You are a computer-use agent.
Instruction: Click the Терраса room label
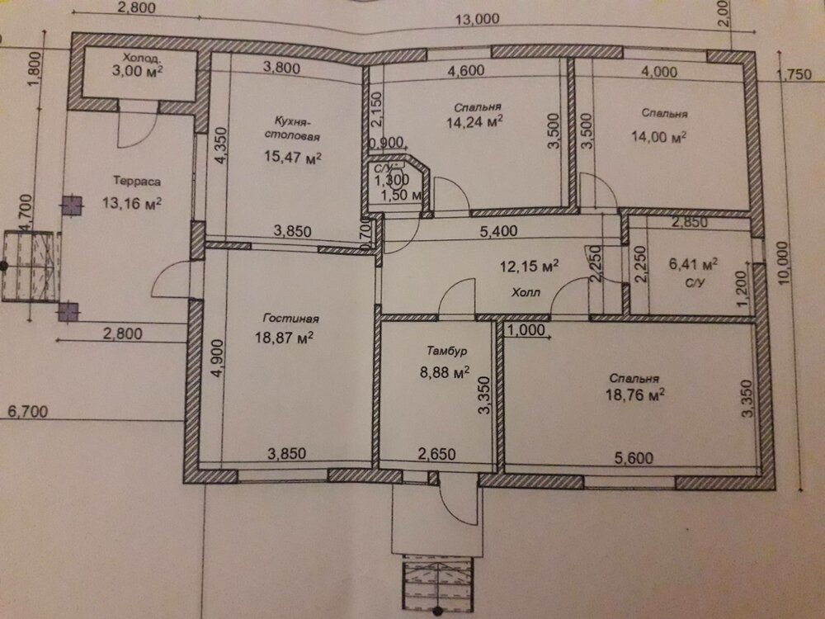tap(137, 182)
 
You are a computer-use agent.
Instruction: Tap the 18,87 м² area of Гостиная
tap(284, 337)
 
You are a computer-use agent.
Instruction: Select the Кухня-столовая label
tap(293, 129)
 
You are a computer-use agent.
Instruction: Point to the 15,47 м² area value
tap(293, 157)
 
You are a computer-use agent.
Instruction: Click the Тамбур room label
tap(446, 351)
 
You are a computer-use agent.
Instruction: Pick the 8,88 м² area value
tap(445, 372)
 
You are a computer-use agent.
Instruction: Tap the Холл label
tap(526, 293)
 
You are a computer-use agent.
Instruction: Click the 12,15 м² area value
tap(529, 266)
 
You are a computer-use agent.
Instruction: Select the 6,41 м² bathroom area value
tap(694, 263)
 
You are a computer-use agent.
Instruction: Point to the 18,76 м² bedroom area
tap(634, 395)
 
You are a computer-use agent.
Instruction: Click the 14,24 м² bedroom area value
tap(474, 122)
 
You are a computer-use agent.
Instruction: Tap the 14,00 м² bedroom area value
tap(658, 137)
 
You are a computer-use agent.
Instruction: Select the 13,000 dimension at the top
tap(477, 20)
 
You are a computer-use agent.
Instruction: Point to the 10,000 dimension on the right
tap(783, 263)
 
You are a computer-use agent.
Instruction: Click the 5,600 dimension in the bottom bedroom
tap(634, 458)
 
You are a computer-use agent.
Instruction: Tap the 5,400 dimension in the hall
tap(498, 230)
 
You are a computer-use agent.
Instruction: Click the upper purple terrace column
tap(72, 206)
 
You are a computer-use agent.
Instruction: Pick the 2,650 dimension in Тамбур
tap(436, 454)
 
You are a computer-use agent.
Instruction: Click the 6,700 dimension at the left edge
tap(27, 412)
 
